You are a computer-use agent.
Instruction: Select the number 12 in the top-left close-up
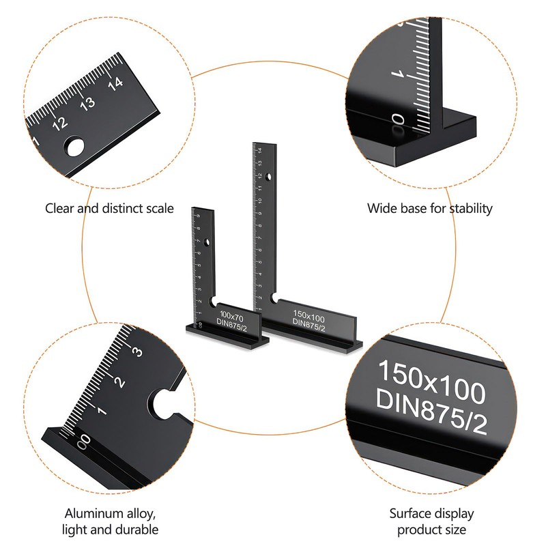click(x=60, y=123)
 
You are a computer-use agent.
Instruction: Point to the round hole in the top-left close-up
click(x=75, y=146)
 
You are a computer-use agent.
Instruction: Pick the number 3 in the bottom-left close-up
click(x=136, y=352)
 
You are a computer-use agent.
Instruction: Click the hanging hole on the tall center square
click(x=270, y=177)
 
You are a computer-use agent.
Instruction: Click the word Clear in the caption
click(x=60, y=208)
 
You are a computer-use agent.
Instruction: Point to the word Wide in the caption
click(x=381, y=208)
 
